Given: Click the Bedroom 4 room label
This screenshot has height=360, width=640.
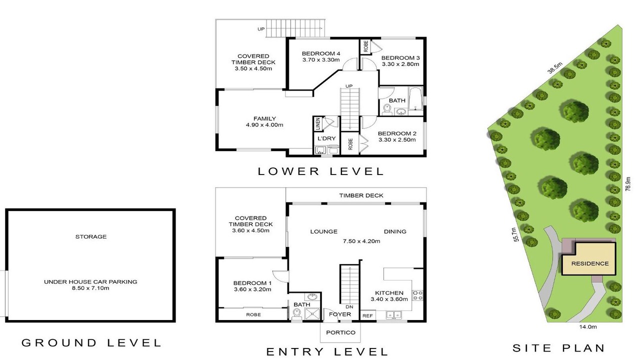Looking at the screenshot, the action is [321, 53].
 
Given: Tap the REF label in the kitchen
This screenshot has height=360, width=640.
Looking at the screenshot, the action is [367, 315].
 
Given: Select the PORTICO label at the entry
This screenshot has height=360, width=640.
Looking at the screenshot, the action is [340, 332].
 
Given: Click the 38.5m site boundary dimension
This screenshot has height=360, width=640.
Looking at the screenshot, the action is [554, 67].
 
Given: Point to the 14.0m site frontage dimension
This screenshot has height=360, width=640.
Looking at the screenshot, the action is [587, 327].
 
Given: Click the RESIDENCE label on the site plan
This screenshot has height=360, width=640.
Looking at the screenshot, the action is [589, 263].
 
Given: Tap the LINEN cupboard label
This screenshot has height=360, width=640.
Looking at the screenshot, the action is [317, 124].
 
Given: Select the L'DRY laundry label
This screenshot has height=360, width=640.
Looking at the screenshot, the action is [326, 138].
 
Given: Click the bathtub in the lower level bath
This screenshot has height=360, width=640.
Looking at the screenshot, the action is [415, 98].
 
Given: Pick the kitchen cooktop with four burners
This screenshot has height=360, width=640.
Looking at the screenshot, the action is [417, 295].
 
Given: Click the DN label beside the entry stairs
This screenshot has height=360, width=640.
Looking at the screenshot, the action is [349, 307].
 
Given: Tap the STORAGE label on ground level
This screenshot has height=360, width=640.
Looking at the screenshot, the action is [91, 236].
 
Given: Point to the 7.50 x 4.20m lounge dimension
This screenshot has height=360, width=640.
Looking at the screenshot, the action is [361, 241].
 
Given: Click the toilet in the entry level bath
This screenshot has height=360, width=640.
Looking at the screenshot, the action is [297, 314].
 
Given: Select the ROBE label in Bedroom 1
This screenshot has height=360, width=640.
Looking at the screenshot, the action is [253, 314].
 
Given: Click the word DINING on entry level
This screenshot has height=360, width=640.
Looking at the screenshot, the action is [395, 231].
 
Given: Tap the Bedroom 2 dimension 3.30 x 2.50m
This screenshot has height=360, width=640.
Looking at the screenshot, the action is [397, 139].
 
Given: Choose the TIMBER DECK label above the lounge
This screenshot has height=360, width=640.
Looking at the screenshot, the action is [361, 195].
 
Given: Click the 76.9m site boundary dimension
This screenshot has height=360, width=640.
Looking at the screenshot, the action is [627, 184].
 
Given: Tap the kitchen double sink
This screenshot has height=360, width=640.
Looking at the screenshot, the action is [393, 315].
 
